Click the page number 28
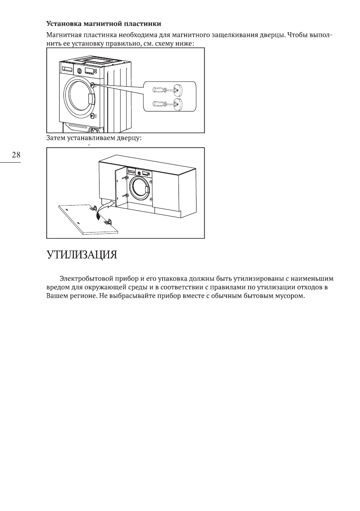click(x=15, y=155)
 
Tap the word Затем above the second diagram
click(x=56, y=139)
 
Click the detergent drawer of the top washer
click(x=67, y=69)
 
